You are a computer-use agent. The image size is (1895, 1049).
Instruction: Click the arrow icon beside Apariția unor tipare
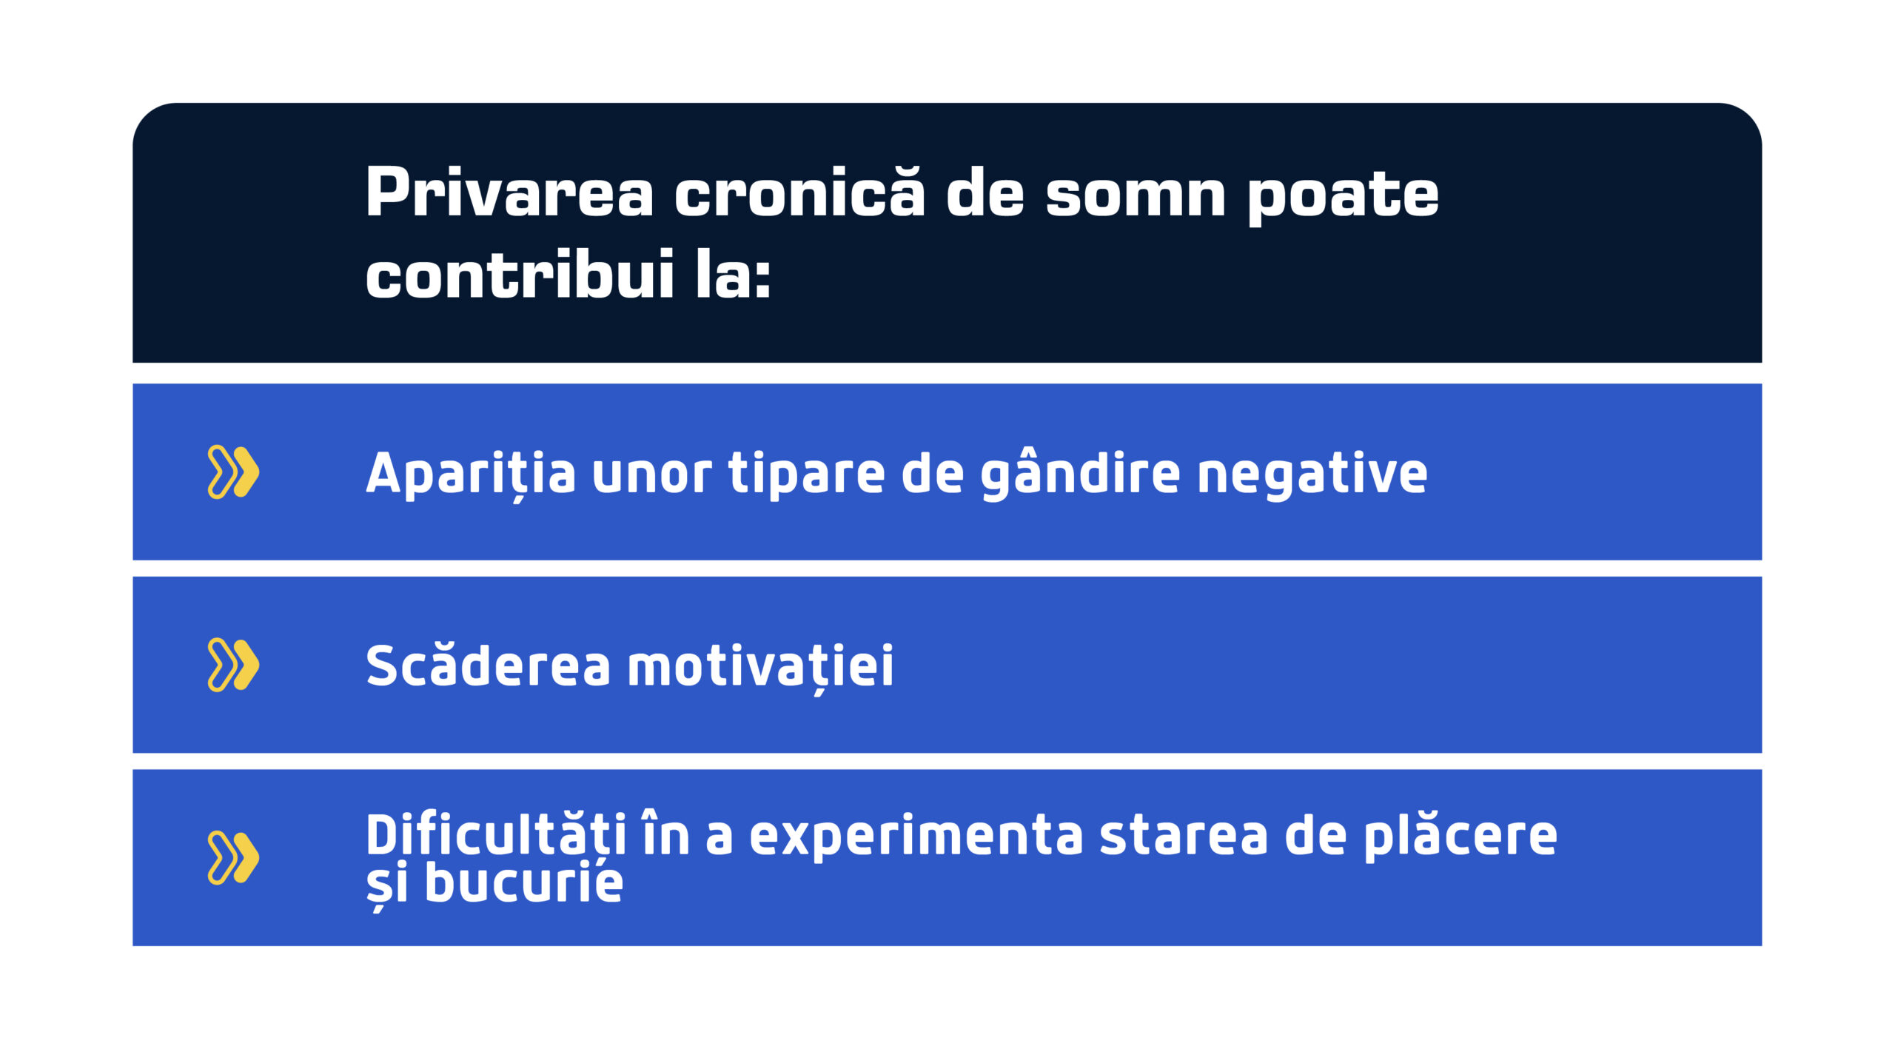(233, 472)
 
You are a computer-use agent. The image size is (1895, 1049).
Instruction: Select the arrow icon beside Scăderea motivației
(233, 664)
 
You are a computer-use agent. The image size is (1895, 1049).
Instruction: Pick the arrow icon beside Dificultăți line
(233, 857)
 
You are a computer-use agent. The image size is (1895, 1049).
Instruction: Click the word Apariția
(471, 474)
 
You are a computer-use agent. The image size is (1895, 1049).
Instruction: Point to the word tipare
(806, 474)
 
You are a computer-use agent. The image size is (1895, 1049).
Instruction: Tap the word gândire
(1080, 474)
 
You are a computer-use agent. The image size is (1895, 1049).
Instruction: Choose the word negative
(1312, 474)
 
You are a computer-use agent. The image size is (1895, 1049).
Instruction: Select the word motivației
(761, 666)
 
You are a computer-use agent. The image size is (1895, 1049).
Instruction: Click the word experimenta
(916, 837)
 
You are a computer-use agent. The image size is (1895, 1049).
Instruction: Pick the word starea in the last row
(1184, 837)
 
